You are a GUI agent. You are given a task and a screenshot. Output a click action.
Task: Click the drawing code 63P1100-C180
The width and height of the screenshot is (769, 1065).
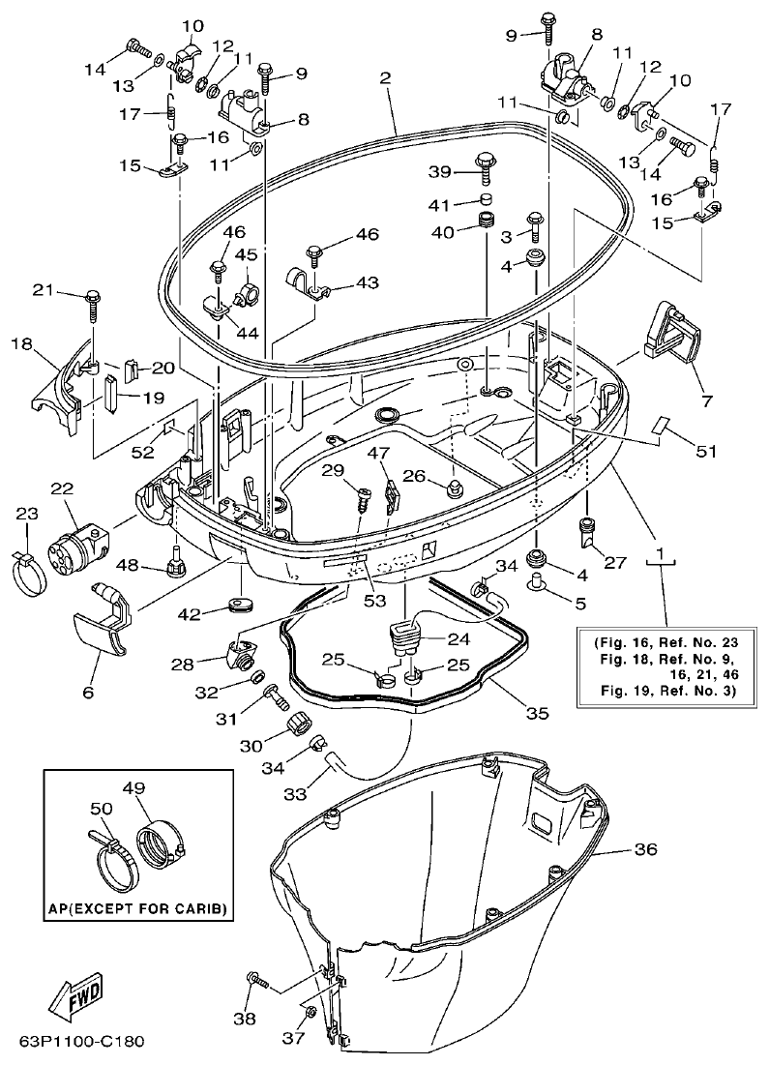tap(81, 1043)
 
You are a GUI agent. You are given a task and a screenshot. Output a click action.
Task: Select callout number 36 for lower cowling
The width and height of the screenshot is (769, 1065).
tap(645, 849)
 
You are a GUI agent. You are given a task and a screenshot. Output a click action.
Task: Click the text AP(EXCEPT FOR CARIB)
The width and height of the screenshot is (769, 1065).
tap(137, 909)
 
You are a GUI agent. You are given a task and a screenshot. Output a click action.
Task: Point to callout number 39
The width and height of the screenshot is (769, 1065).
tap(441, 171)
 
